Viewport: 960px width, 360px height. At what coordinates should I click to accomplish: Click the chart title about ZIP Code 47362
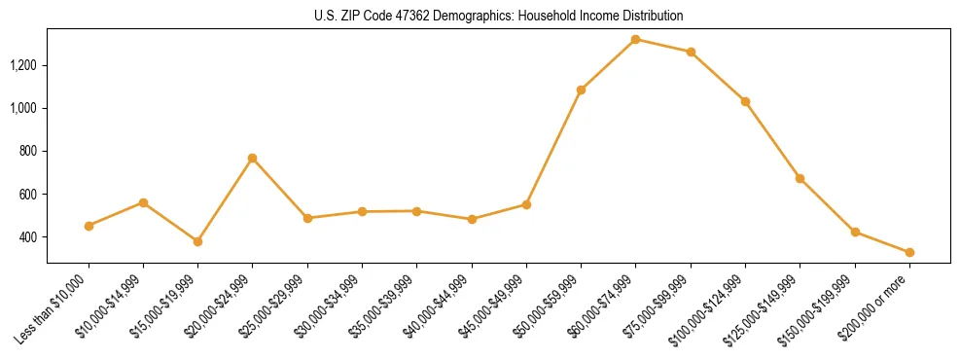[499, 16]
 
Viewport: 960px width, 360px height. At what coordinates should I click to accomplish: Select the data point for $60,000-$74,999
[635, 39]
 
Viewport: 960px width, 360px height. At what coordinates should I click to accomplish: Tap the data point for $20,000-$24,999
[253, 158]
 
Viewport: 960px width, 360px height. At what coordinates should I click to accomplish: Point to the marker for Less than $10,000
[89, 226]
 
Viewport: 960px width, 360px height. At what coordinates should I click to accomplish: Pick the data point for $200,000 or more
[909, 252]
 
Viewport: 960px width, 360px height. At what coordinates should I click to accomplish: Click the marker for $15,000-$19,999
[198, 241]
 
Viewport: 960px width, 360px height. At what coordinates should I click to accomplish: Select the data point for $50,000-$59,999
[581, 90]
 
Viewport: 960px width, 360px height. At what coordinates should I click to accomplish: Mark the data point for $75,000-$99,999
[691, 52]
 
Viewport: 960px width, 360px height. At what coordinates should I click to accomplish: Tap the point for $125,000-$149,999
[800, 178]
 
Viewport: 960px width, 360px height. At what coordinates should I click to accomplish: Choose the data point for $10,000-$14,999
[143, 202]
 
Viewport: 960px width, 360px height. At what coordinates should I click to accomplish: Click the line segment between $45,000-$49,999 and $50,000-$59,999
[553, 147]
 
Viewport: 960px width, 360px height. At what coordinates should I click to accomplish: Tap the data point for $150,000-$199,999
[855, 232]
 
